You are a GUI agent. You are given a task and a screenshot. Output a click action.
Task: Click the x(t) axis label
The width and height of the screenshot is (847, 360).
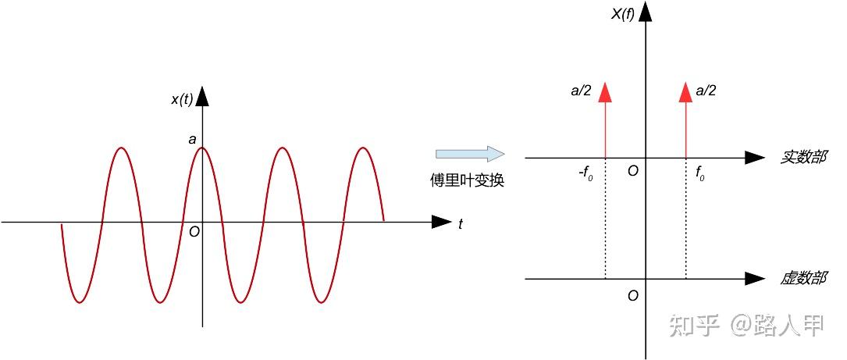click(x=182, y=99)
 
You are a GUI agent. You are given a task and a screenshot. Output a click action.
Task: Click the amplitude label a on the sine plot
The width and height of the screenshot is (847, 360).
click(x=192, y=140)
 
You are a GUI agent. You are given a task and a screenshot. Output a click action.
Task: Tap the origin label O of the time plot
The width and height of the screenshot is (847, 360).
click(x=194, y=231)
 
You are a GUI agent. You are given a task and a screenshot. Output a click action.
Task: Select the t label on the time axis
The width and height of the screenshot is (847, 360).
click(x=461, y=224)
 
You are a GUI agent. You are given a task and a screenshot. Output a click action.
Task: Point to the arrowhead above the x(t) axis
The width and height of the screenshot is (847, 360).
click(x=203, y=97)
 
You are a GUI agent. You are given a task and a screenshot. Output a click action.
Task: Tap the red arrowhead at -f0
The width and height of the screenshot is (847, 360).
click(x=605, y=93)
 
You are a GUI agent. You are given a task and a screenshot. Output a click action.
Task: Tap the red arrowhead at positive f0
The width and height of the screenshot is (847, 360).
click(x=685, y=93)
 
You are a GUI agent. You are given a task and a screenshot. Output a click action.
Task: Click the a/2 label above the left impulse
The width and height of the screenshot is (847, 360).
click(x=581, y=91)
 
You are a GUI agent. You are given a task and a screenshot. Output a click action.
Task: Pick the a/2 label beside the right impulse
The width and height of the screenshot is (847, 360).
click(x=706, y=91)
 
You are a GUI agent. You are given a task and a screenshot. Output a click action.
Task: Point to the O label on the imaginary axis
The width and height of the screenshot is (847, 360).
click(x=633, y=296)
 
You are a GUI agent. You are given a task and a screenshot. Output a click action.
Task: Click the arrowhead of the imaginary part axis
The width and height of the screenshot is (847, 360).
click(x=754, y=279)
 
